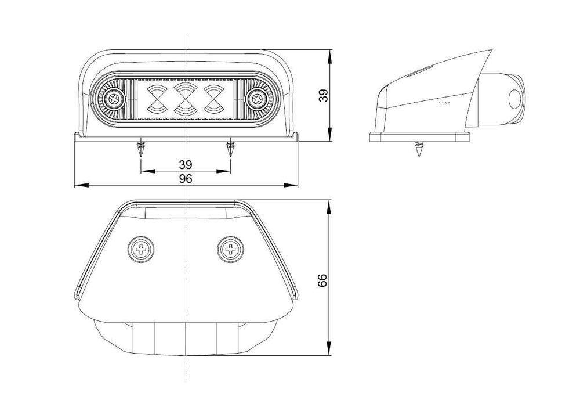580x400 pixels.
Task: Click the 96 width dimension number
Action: point(186,179)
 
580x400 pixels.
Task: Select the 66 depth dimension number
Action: point(324,280)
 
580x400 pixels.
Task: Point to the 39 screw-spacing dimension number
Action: point(186,164)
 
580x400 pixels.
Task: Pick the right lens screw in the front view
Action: point(255,99)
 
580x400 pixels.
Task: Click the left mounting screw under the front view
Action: point(140,149)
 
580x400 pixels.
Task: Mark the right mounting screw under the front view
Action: point(230,149)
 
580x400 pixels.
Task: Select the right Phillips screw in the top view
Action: point(230,250)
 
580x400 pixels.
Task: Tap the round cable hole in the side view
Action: point(514,99)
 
